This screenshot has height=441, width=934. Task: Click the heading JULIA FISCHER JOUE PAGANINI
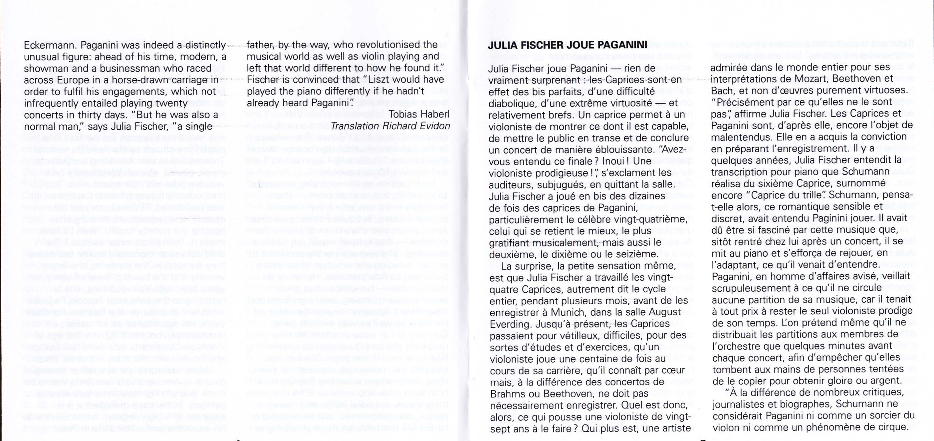[567, 45]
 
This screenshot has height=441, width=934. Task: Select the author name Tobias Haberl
[419, 114]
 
